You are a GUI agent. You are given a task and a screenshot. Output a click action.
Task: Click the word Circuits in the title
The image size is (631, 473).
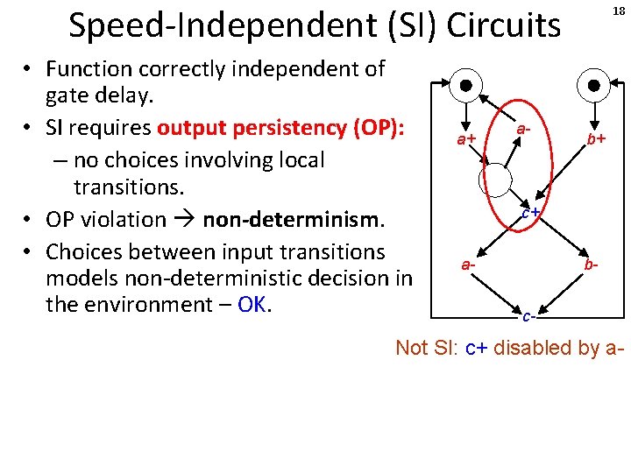point(503,26)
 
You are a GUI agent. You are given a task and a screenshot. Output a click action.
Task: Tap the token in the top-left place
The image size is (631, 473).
point(467,86)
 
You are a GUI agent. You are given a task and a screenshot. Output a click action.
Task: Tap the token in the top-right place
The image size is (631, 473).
point(595,86)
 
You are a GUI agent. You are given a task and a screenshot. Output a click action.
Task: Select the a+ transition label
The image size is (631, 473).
point(464,140)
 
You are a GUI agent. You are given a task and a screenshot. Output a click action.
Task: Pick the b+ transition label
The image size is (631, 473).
point(598,139)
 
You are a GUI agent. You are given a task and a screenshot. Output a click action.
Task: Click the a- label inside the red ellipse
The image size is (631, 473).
point(524,129)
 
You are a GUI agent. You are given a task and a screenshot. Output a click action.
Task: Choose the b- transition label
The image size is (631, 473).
point(593,263)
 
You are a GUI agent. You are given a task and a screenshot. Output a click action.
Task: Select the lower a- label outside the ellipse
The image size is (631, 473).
point(470,263)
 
